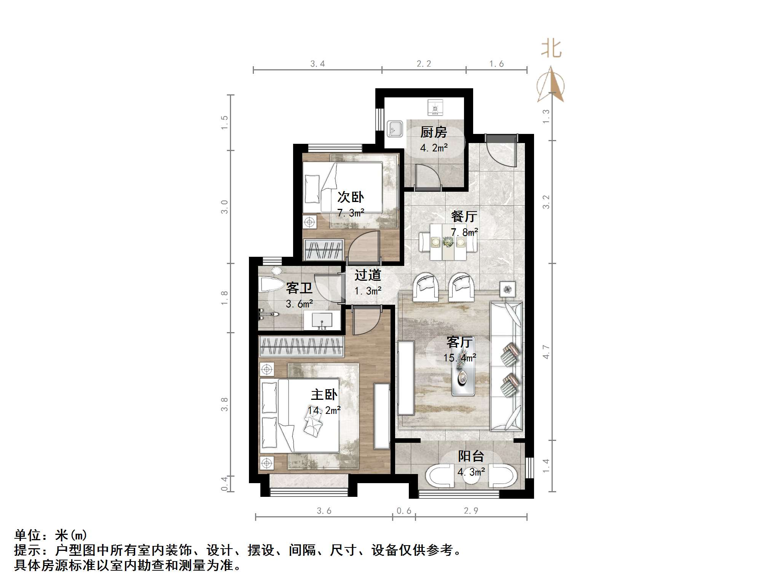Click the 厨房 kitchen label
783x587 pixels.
click(x=433, y=132)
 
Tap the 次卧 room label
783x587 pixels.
click(x=350, y=197)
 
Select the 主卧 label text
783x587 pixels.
click(x=324, y=395)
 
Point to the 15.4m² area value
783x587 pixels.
click(x=459, y=358)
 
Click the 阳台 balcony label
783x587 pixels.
click(x=470, y=456)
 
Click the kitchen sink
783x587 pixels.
click(x=395, y=129)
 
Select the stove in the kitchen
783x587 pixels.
click(x=435, y=107)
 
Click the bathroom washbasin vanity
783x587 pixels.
click(x=322, y=320)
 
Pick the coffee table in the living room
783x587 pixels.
click(x=462, y=377)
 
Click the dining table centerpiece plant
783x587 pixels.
click(x=448, y=242)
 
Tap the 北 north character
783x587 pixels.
click(x=551, y=49)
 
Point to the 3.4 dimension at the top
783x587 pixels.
click(x=317, y=64)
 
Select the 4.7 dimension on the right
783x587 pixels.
click(x=546, y=352)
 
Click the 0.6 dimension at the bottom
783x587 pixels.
click(x=403, y=511)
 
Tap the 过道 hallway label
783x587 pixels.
click(x=367, y=275)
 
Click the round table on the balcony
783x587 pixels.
click(x=471, y=479)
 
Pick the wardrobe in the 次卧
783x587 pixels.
click(x=324, y=249)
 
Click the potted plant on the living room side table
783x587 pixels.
click(x=507, y=290)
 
